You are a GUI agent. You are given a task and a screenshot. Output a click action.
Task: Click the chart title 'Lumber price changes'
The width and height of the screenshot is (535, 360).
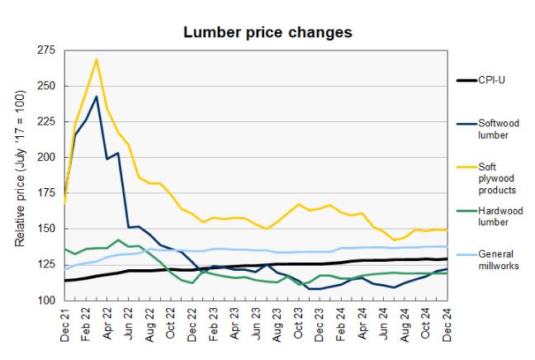[267, 32]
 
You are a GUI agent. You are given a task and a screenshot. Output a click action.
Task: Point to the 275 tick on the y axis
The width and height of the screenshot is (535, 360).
[45, 50]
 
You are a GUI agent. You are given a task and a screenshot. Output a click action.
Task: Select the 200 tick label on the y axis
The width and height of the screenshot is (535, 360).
[45, 157]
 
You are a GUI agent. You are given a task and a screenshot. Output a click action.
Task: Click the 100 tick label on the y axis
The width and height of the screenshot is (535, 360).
[45, 300]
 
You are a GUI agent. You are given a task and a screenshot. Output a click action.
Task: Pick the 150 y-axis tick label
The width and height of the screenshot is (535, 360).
[45, 229]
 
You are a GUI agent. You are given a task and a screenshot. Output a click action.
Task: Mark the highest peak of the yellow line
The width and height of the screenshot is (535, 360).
[97, 59]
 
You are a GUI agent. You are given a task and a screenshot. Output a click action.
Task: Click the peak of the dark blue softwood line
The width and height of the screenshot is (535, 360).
[97, 97]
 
